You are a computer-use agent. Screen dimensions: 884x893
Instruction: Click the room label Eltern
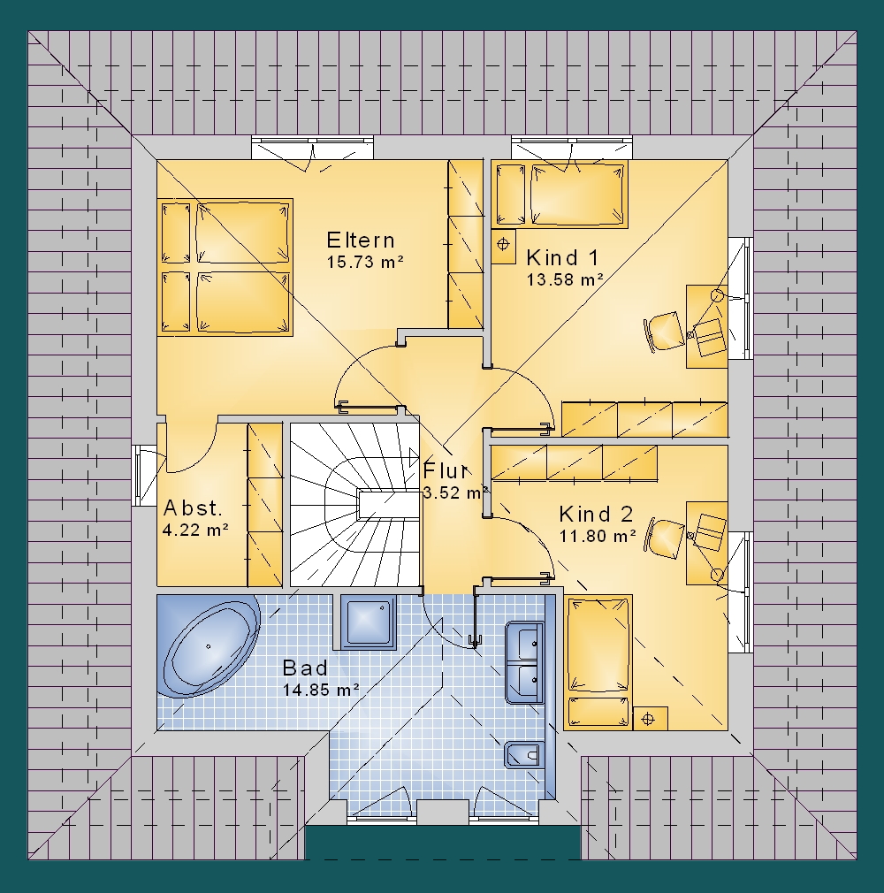coord(361,240)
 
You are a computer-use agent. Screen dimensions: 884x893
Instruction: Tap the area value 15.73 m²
coord(365,262)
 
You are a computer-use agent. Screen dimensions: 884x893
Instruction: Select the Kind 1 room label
coord(562,258)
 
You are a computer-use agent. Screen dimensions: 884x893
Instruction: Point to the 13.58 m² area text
coord(565,279)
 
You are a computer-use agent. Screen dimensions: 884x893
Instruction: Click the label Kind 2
coord(596,515)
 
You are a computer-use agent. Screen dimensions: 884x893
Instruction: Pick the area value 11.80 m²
coord(598,536)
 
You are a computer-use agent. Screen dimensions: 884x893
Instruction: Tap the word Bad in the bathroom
coord(305,668)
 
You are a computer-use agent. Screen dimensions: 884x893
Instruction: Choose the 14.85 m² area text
coord(321,690)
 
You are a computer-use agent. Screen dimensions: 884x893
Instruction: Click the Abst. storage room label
coord(193,508)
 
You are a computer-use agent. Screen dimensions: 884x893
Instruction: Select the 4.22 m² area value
coord(195,530)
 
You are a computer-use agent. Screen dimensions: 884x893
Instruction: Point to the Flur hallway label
coord(446,471)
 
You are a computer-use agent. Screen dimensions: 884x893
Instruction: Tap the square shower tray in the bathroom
coord(369,621)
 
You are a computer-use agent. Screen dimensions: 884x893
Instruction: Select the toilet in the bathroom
coord(523,755)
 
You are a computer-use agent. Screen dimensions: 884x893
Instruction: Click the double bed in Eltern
coord(225,267)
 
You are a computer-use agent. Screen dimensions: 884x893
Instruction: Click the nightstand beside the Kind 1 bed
coord(503,247)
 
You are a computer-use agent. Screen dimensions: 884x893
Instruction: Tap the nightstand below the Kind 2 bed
coord(650,719)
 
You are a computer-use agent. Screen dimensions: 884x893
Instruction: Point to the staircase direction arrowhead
coord(414,456)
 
